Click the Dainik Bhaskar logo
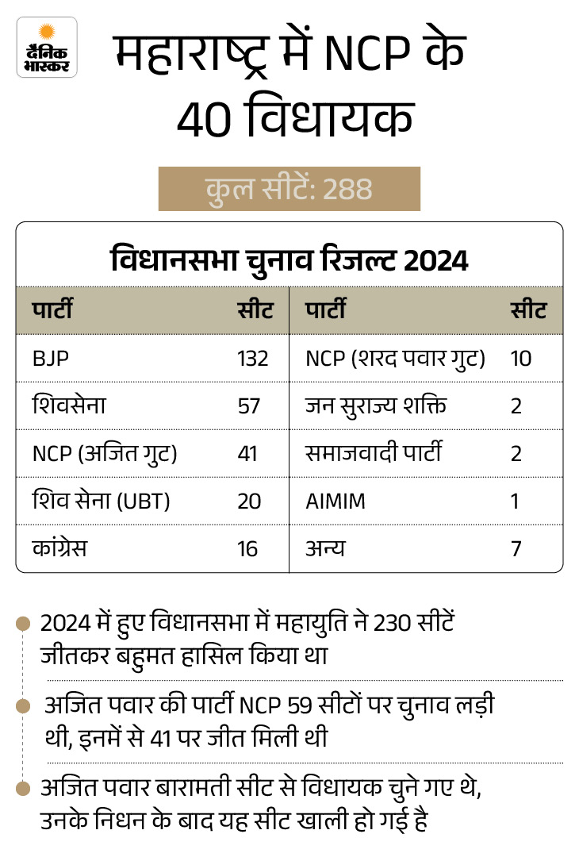[47, 47]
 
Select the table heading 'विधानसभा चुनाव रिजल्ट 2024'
[289, 259]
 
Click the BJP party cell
[51, 358]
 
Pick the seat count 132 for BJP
[253, 358]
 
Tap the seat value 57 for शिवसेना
[248, 405]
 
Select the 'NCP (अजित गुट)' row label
[104, 454]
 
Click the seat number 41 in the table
[248, 454]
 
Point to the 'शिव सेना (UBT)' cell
[102, 501]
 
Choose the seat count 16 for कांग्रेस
[247, 548]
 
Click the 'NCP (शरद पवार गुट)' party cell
[395, 358]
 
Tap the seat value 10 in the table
[520, 358]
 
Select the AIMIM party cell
[336, 501]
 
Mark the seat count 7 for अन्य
[516, 548]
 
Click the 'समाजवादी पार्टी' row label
[373, 454]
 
